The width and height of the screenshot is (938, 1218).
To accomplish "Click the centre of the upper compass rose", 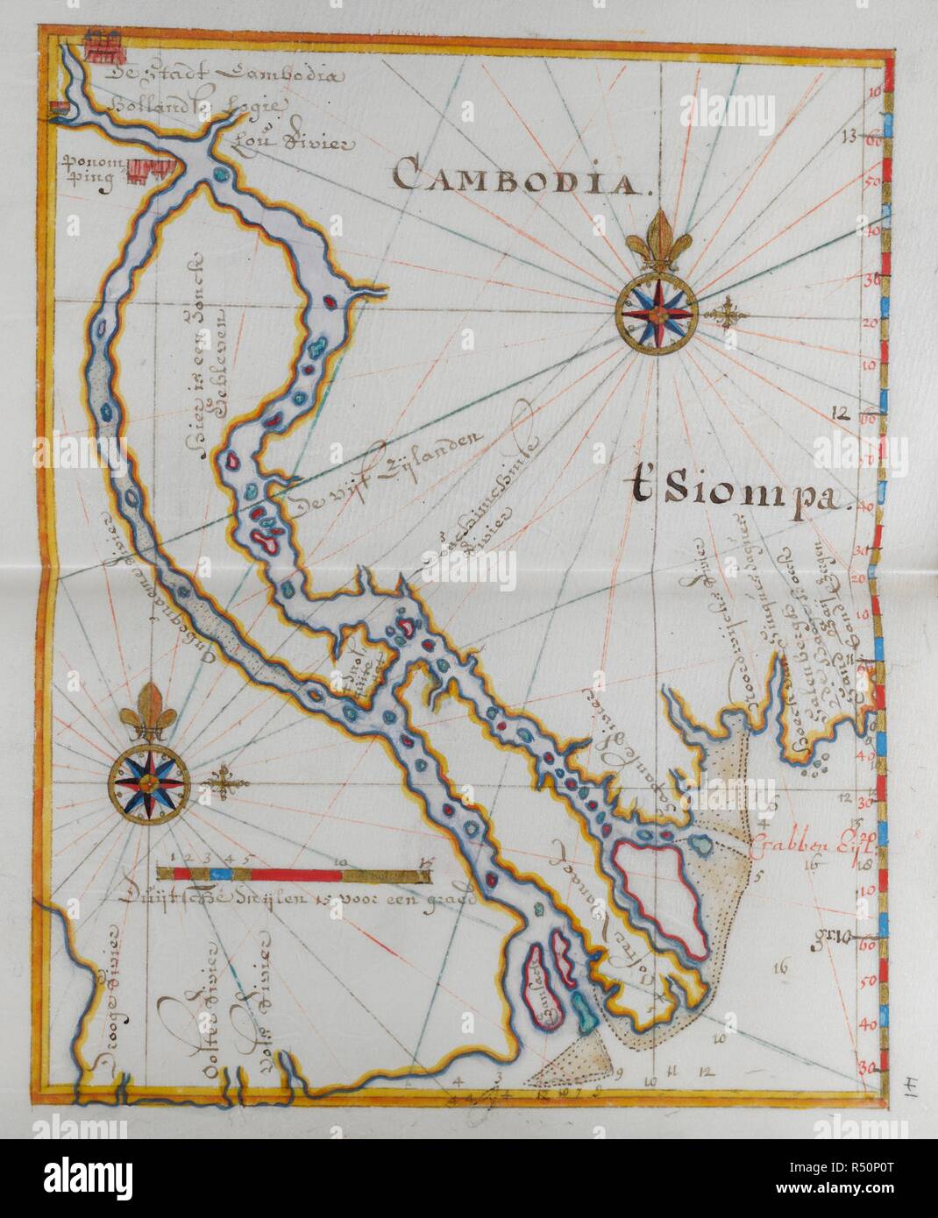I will pos(657,310).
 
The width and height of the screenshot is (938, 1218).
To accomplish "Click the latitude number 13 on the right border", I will pos(847,136).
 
